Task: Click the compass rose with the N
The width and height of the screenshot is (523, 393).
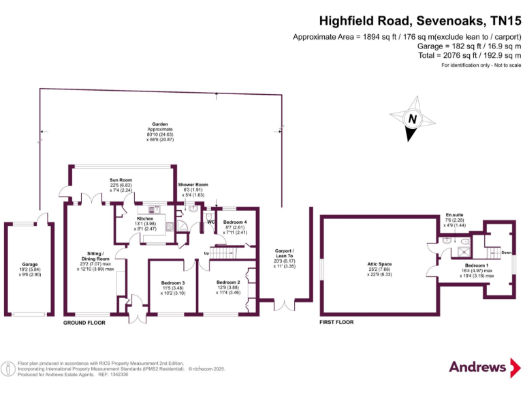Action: [x=411, y=120]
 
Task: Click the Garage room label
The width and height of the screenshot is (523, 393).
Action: [x=29, y=268]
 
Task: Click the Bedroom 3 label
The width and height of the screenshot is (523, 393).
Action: [x=172, y=287]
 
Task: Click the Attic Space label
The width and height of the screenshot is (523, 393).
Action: [x=380, y=268]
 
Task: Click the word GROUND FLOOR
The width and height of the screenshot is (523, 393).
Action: [x=84, y=322]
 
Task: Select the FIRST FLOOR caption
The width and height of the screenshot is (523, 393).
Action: [x=336, y=322]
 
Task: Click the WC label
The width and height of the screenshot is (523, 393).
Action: [x=210, y=222]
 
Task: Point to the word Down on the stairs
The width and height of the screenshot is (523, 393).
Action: [x=506, y=252]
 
